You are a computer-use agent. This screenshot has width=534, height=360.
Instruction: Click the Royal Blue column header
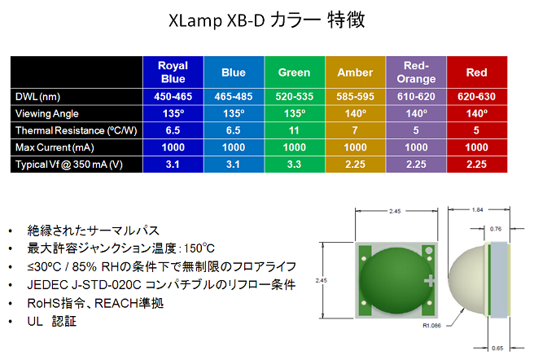(173, 72)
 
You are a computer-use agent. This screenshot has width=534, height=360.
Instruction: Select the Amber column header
(355, 72)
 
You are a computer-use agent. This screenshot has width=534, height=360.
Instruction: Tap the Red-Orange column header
(416, 72)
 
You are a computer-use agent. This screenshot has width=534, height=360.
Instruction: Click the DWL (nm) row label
(37, 97)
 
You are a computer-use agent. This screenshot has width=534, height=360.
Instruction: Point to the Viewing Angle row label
(47, 113)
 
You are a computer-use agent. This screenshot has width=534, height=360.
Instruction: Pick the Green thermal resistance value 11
(294, 130)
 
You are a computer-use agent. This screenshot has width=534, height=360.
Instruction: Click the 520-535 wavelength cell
(294, 96)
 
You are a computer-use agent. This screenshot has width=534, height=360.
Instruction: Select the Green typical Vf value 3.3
(294, 165)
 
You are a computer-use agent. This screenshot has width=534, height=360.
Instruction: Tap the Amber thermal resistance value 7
(355, 130)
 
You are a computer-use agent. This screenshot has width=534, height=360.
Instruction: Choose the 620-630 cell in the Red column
(476, 96)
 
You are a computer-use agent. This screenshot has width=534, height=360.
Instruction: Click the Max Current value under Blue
(234, 147)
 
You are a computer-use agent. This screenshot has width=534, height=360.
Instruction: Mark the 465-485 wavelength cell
(234, 96)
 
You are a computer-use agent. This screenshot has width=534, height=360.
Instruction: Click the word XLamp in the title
(195, 20)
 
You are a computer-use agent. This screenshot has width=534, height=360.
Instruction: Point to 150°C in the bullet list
(199, 248)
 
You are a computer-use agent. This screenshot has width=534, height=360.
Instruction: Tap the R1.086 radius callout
(431, 326)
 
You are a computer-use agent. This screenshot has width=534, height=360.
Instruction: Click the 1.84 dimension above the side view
(478, 209)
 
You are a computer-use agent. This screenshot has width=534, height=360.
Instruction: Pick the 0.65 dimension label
(497, 348)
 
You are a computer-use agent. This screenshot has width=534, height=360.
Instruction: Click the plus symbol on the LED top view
(430, 281)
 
